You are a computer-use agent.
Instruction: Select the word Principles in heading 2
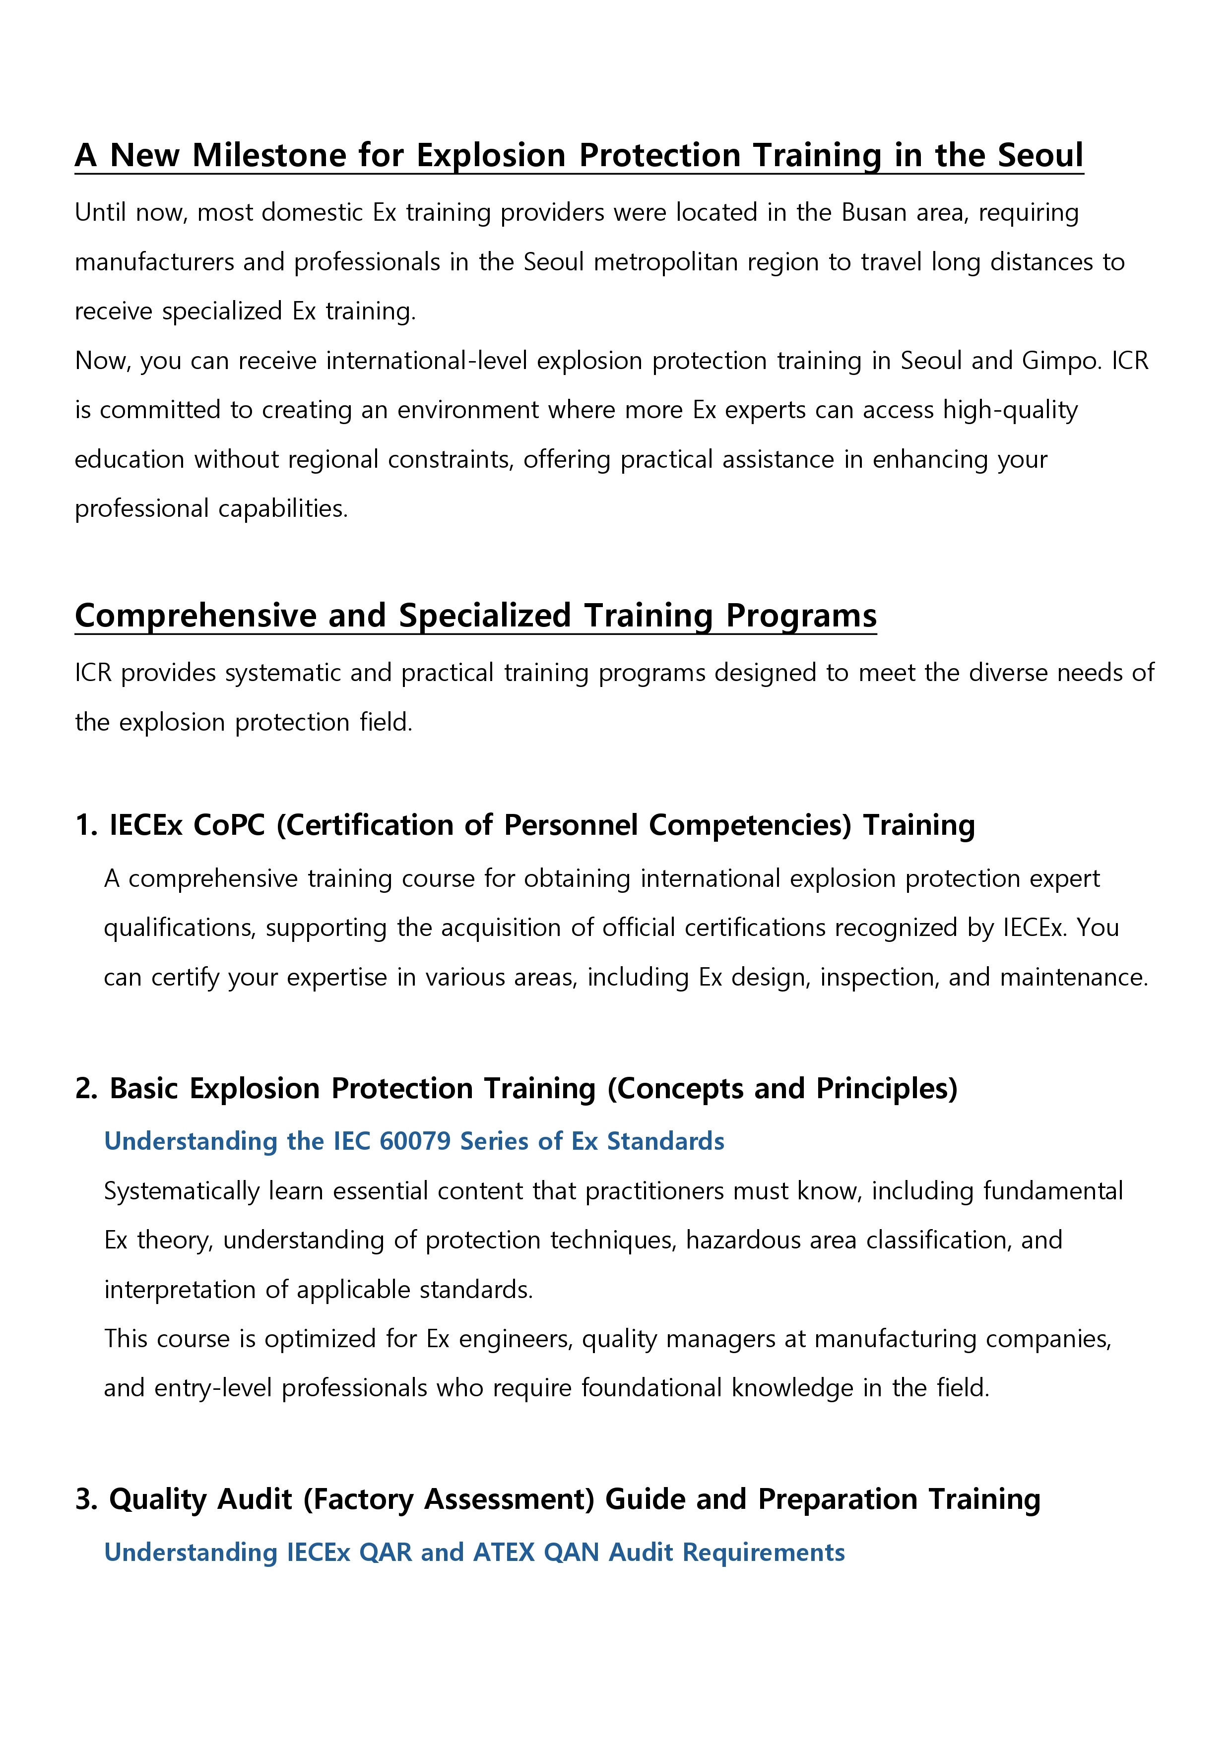point(886,1089)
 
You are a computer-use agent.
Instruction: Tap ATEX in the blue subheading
point(503,1553)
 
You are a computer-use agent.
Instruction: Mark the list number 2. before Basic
point(86,1089)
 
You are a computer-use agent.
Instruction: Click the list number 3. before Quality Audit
point(86,1500)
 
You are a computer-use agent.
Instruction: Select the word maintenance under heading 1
point(1073,978)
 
